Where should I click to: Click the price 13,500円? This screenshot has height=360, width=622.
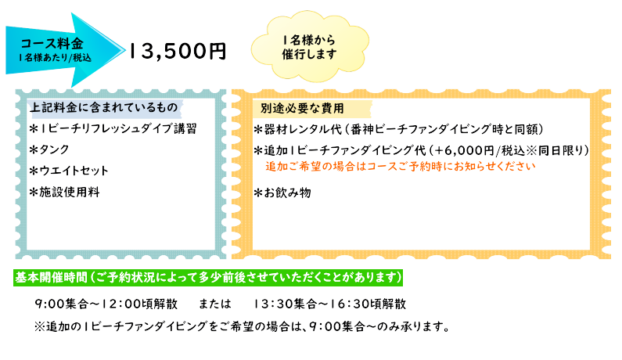(x=178, y=51)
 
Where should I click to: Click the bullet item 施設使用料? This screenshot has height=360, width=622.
(x=64, y=191)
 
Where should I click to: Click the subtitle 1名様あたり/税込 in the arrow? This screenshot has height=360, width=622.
(x=56, y=57)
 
